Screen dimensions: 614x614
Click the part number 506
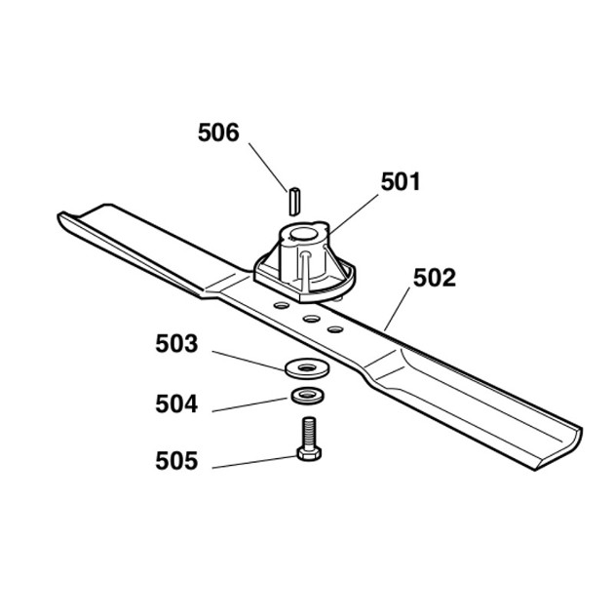[x=218, y=133]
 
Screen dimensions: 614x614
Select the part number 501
[x=401, y=181]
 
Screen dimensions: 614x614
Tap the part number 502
[x=435, y=278]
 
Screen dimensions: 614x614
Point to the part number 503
[x=176, y=344]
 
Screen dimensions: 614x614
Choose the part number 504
[x=176, y=403]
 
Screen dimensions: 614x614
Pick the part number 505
[x=176, y=460]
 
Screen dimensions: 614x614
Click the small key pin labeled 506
[x=295, y=202]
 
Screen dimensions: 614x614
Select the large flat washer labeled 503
[x=307, y=368]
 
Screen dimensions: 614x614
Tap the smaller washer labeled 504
[x=307, y=395]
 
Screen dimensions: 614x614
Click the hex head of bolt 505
[x=309, y=453]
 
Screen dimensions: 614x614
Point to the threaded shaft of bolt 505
[x=309, y=433]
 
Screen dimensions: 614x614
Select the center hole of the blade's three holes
[x=311, y=319]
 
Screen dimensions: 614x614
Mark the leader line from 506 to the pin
[x=268, y=168]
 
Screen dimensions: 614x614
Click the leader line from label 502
[x=397, y=309]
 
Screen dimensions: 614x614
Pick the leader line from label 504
[x=249, y=404]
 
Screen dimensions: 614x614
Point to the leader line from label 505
[x=254, y=462]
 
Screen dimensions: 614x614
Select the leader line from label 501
[x=354, y=213]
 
